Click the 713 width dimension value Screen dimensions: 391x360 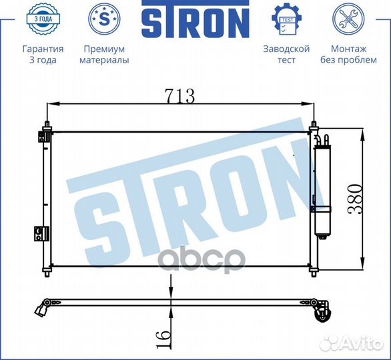179,96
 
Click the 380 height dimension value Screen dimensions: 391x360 355,199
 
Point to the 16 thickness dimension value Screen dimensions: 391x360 163,339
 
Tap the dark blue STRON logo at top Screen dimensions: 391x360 195,19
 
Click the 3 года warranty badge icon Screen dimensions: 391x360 43,19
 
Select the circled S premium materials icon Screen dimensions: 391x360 104,19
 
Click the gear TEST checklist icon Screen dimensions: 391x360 286,19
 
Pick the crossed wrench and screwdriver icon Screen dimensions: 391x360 348,19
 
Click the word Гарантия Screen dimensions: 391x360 43,49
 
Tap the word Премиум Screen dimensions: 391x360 104,49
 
